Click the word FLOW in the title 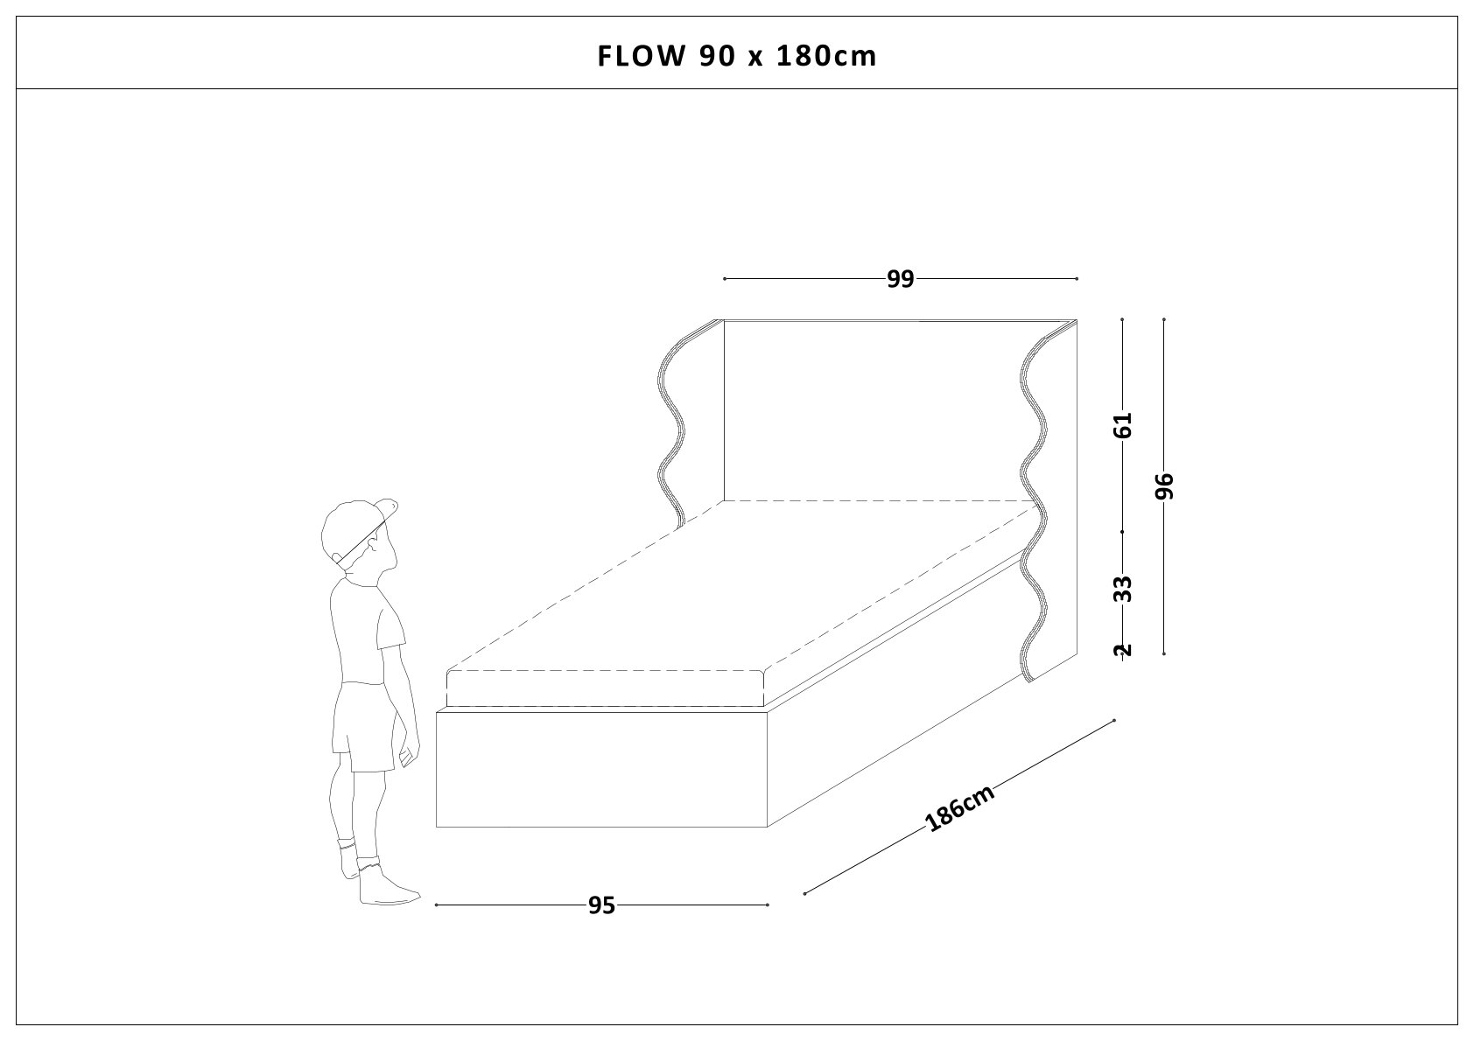click(x=641, y=57)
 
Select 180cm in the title click(x=826, y=57)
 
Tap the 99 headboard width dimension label click(x=900, y=279)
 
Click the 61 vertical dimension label click(x=1123, y=425)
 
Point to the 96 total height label click(x=1164, y=486)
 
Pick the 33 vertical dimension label click(x=1123, y=589)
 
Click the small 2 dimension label click(x=1123, y=650)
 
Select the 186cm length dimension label click(x=959, y=807)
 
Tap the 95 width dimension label click(x=601, y=905)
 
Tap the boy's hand click(x=408, y=756)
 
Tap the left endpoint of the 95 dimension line click(x=436, y=905)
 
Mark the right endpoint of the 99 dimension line click(x=1077, y=279)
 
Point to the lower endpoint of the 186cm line click(x=804, y=894)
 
